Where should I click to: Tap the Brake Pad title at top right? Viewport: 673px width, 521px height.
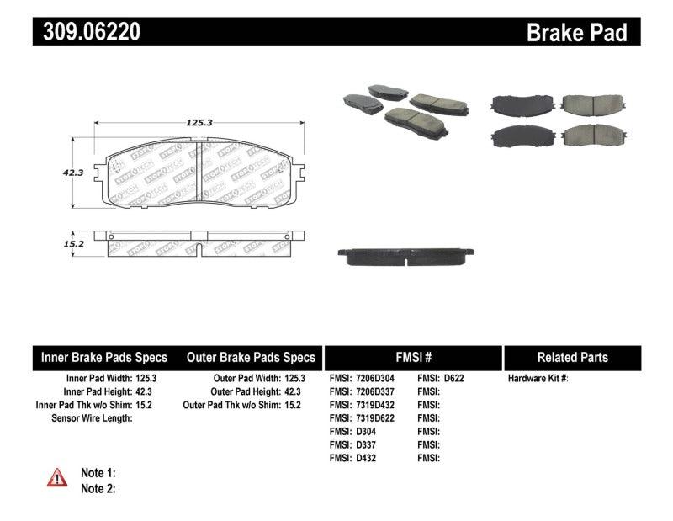click(576, 32)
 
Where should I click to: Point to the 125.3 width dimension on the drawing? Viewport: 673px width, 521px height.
click(199, 122)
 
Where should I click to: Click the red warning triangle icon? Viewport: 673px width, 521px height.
click(57, 479)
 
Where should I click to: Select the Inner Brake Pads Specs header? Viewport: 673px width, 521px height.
click(104, 357)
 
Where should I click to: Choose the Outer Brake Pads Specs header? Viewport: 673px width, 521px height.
click(250, 357)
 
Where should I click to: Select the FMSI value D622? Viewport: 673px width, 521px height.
click(453, 379)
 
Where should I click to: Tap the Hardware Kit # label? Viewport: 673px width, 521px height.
click(538, 379)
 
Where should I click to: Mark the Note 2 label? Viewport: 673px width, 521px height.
click(98, 488)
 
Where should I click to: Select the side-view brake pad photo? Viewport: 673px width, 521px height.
click(407, 257)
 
